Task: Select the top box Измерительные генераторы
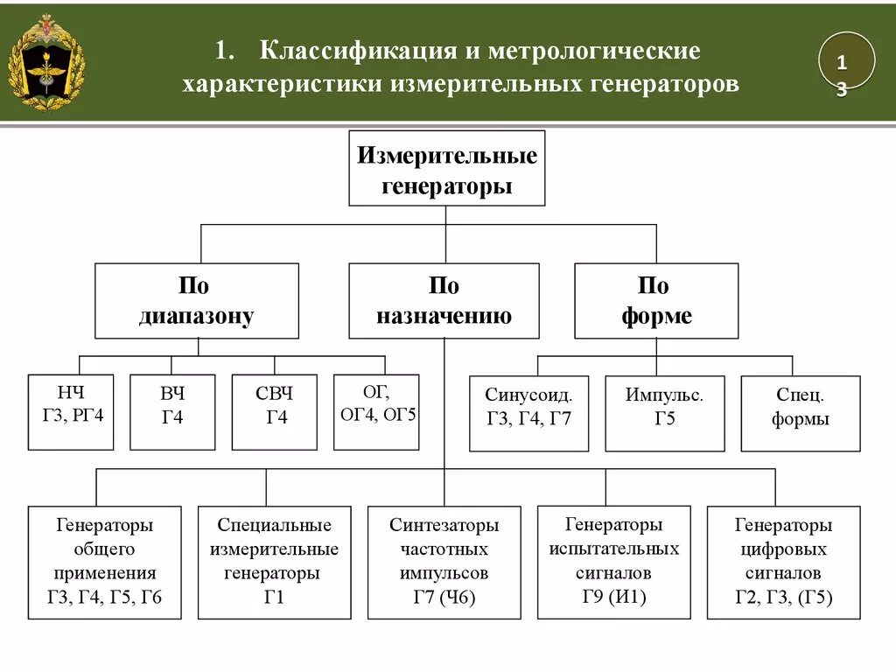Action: (x=446, y=169)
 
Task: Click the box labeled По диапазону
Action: (x=196, y=301)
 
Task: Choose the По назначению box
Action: (x=444, y=301)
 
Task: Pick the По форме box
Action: (x=656, y=301)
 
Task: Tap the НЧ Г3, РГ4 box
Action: (x=71, y=412)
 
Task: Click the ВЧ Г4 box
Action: (x=172, y=412)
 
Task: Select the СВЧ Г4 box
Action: (x=274, y=412)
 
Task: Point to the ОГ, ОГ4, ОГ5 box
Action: (x=376, y=412)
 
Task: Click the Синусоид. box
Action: (x=528, y=414)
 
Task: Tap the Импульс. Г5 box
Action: (x=664, y=414)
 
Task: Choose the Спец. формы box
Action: (x=800, y=414)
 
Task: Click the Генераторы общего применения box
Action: (x=105, y=563)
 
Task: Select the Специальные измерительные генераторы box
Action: (x=274, y=563)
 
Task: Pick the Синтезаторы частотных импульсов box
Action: (x=444, y=563)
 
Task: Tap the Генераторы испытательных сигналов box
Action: (x=613, y=562)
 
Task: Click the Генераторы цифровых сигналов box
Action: (x=783, y=563)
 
